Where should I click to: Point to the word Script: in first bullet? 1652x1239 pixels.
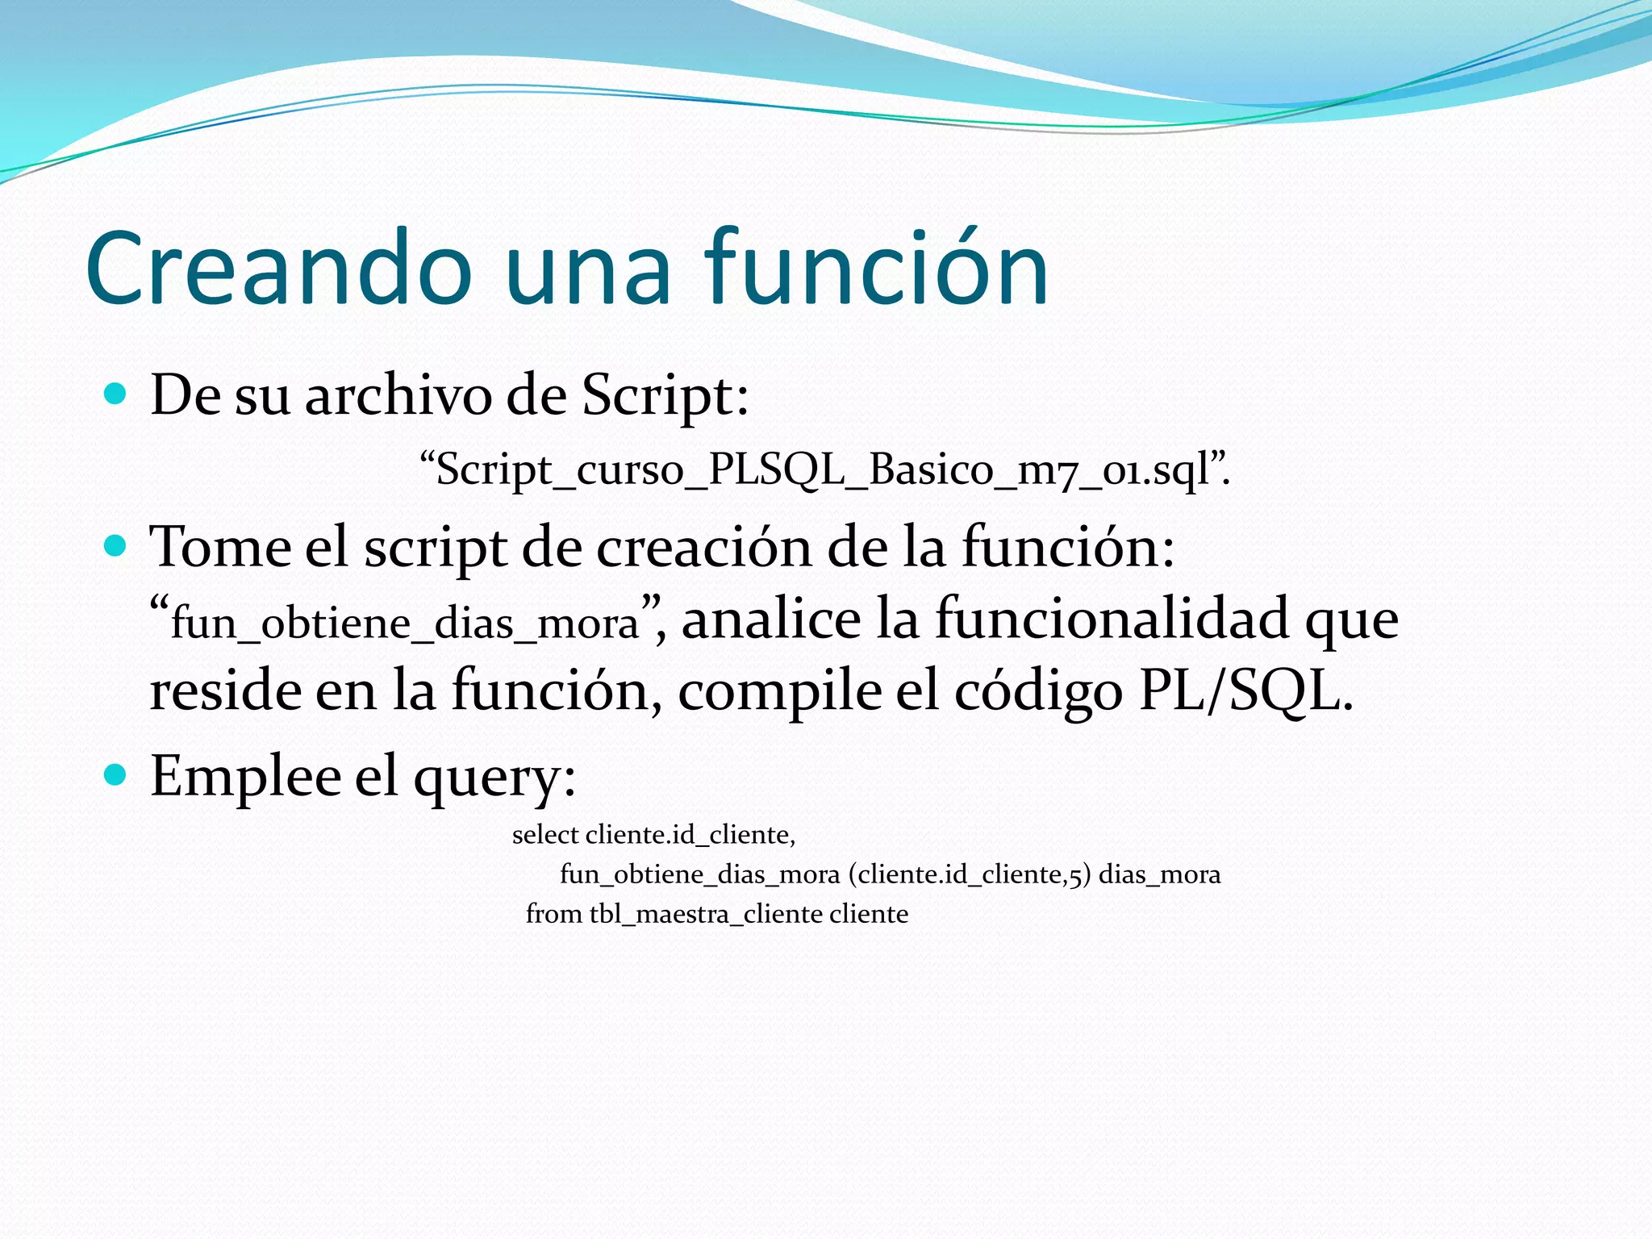tap(665, 396)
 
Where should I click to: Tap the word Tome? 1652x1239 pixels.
tap(221, 548)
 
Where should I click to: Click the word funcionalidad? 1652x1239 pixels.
tap(1112, 619)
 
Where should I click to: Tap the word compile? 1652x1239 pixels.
tap(779, 691)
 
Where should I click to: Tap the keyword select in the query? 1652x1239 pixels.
tap(545, 834)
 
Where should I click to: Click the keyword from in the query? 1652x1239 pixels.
tap(553, 914)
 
